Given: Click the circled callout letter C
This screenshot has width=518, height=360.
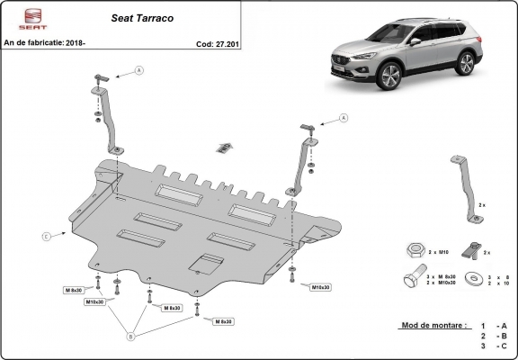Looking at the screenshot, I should (x=45, y=236).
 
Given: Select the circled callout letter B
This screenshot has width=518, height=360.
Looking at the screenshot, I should (x=131, y=337).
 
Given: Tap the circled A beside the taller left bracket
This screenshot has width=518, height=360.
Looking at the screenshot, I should (x=139, y=70).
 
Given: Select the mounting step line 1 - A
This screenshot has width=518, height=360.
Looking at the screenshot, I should (x=493, y=324).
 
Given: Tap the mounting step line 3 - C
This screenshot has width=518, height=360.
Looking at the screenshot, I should (x=493, y=346).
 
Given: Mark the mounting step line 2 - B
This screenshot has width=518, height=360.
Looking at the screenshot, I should (x=493, y=335).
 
